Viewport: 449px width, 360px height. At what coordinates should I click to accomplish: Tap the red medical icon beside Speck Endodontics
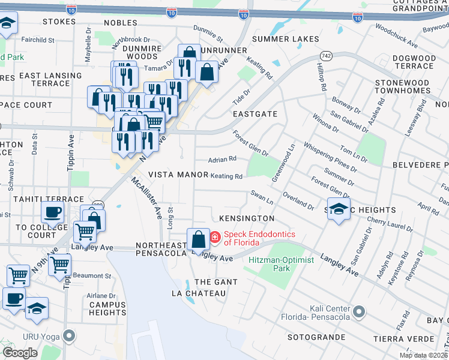(215, 238)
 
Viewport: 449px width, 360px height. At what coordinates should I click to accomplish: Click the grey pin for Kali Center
(359, 311)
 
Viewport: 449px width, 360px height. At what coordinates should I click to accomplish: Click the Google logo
(20, 353)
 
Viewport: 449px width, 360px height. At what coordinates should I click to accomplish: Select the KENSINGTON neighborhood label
(247, 218)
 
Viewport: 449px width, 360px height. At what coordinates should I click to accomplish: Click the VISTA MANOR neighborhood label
(178, 175)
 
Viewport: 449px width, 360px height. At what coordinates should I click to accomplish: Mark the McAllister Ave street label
(146, 198)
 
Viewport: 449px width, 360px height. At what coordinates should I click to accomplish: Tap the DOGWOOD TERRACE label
(414, 62)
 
